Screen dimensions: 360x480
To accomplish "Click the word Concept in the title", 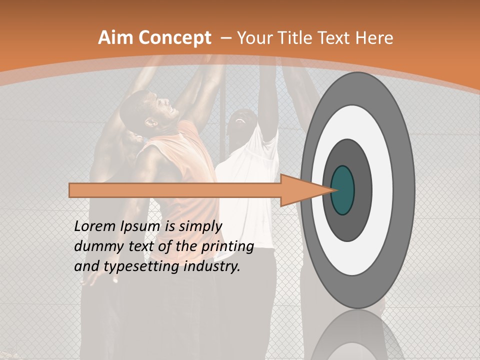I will coord(175,38).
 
